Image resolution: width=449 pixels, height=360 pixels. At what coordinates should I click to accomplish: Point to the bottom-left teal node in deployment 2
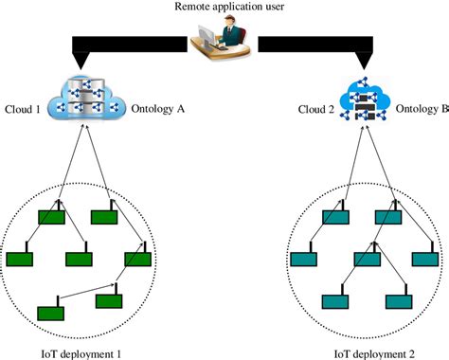click(x=337, y=301)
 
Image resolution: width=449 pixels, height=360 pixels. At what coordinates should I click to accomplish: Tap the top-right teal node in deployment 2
click(x=389, y=217)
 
